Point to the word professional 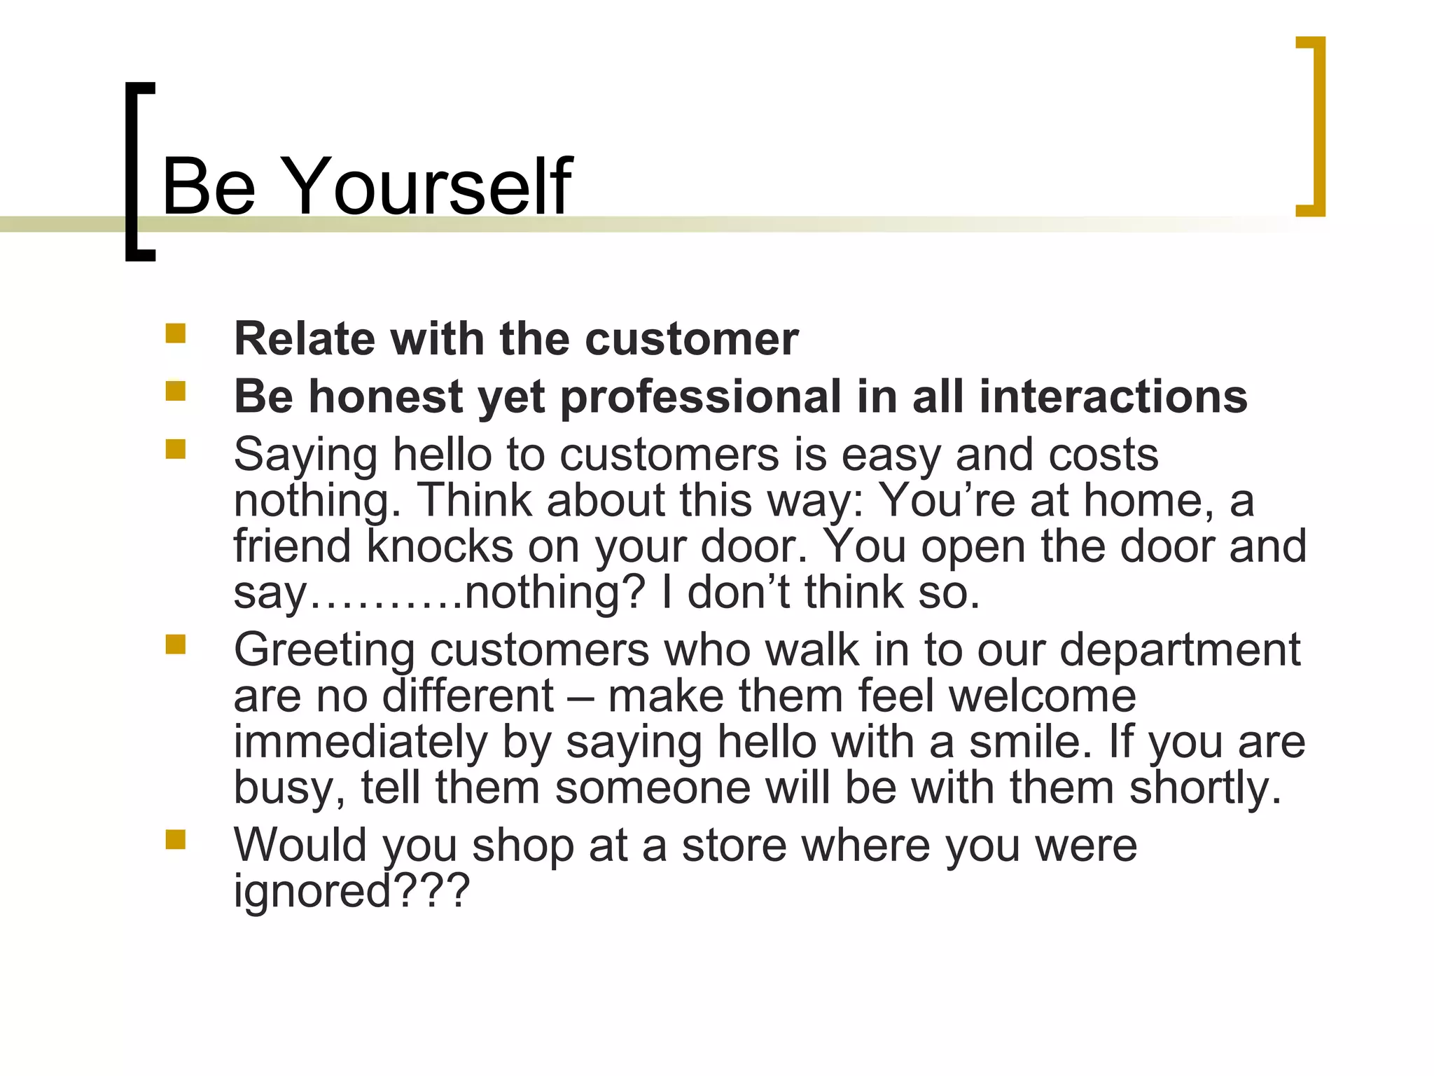tap(700, 397)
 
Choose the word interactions tap(1113, 396)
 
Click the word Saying tap(305, 455)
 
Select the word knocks tap(440, 546)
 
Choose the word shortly tap(1205, 788)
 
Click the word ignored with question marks tap(351, 891)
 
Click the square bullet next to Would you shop tap(175, 839)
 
